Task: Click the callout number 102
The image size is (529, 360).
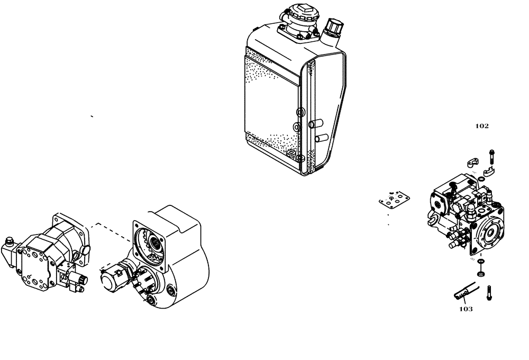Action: pyautogui.click(x=481, y=126)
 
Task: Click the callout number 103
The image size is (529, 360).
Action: pyautogui.click(x=466, y=309)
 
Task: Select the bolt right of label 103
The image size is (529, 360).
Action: pyautogui.click(x=488, y=291)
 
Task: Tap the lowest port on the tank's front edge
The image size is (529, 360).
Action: pyautogui.click(x=299, y=158)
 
